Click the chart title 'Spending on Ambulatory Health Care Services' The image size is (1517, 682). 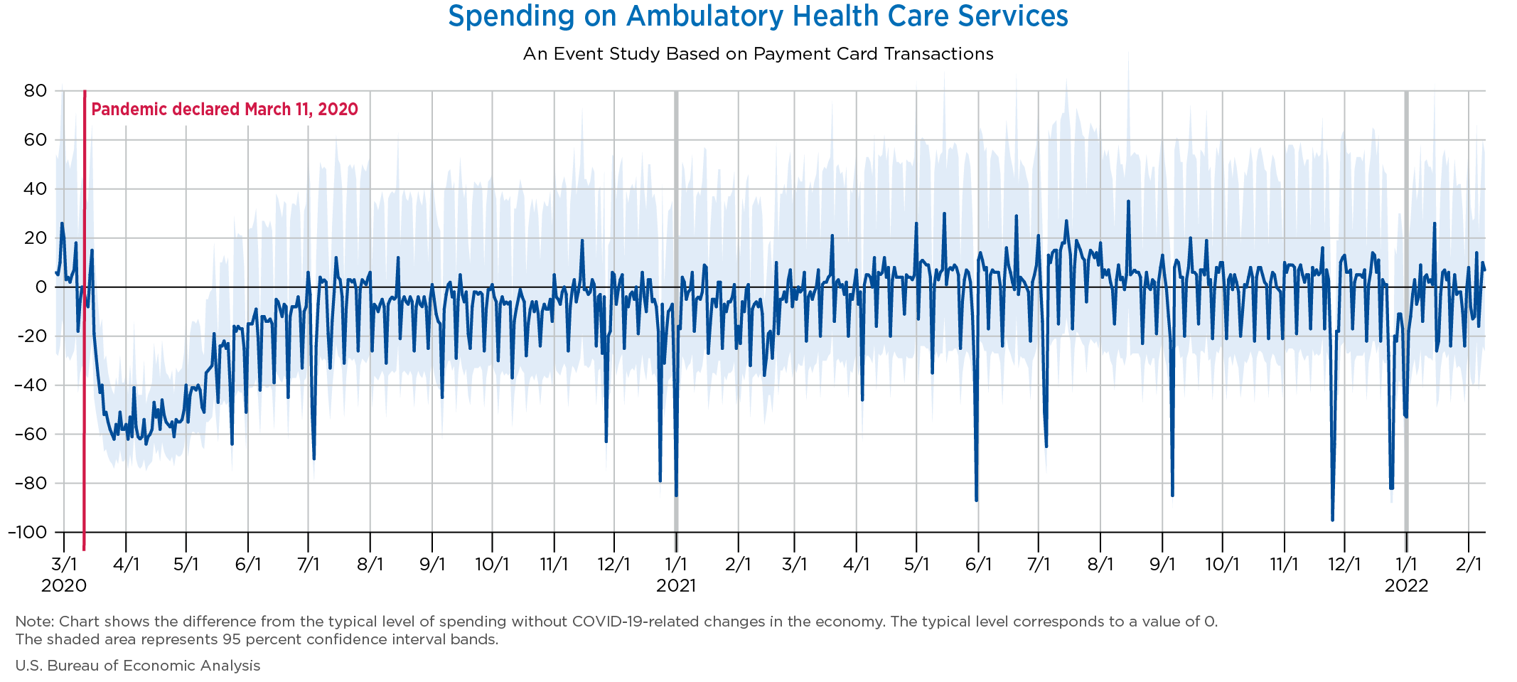pos(758,16)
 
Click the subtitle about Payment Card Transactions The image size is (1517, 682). pos(758,54)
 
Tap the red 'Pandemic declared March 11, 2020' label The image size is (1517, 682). pos(225,110)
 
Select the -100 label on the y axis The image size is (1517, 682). pos(28,532)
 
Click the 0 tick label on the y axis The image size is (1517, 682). pos(41,287)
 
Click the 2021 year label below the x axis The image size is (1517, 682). pos(676,585)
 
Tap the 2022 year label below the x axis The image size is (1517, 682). pos(1406,585)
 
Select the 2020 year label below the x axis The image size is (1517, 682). pos(64,585)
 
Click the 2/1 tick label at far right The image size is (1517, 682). pos(1469,565)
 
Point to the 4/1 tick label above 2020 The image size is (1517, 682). pos(126,565)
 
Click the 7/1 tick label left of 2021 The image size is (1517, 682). pos(308,565)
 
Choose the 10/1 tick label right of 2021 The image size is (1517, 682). pos(1223,565)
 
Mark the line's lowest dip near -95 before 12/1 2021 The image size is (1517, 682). pos(1332,520)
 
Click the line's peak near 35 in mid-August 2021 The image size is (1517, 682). pos(1128,201)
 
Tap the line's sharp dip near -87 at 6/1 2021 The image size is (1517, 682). pos(977,500)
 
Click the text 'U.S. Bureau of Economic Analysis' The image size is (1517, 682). pos(138,666)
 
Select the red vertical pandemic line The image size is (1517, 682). pos(85,320)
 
